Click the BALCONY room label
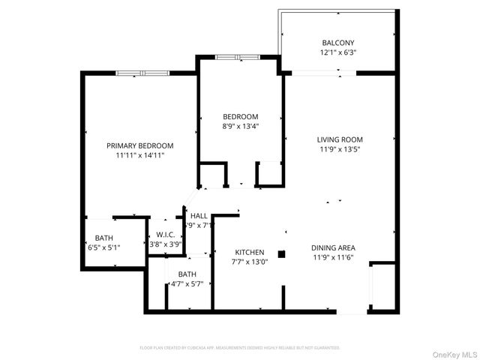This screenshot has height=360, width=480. (x=337, y=43)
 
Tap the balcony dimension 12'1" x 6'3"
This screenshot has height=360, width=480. (x=337, y=53)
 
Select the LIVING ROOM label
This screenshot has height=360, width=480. (x=340, y=139)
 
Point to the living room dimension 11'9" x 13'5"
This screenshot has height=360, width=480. (x=340, y=150)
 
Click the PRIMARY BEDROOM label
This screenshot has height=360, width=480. (x=139, y=145)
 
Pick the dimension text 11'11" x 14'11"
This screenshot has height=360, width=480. (x=139, y=156)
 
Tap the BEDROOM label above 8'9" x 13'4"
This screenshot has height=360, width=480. (x=240, y=116)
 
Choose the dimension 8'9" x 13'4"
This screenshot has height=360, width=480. (x=240, y=127)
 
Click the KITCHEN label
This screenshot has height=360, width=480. (x=250, y=252)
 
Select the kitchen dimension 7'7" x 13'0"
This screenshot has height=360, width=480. (x=250, y=262)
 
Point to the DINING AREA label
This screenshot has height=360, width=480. (x=333, y=247)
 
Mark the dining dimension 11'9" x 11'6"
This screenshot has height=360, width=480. (x=333, y=258)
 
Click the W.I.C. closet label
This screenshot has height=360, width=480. (x=166, y=234)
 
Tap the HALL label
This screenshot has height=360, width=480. (x=199, y=216)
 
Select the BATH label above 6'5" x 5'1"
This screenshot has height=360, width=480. (x=104, y=238)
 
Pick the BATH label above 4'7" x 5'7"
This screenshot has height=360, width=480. (x=187, y=274)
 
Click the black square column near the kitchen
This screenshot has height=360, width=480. (x=282, y=254)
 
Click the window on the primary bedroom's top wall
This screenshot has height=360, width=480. (x=143, y=73)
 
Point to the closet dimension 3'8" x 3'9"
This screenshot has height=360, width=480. (x=165, y=244)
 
